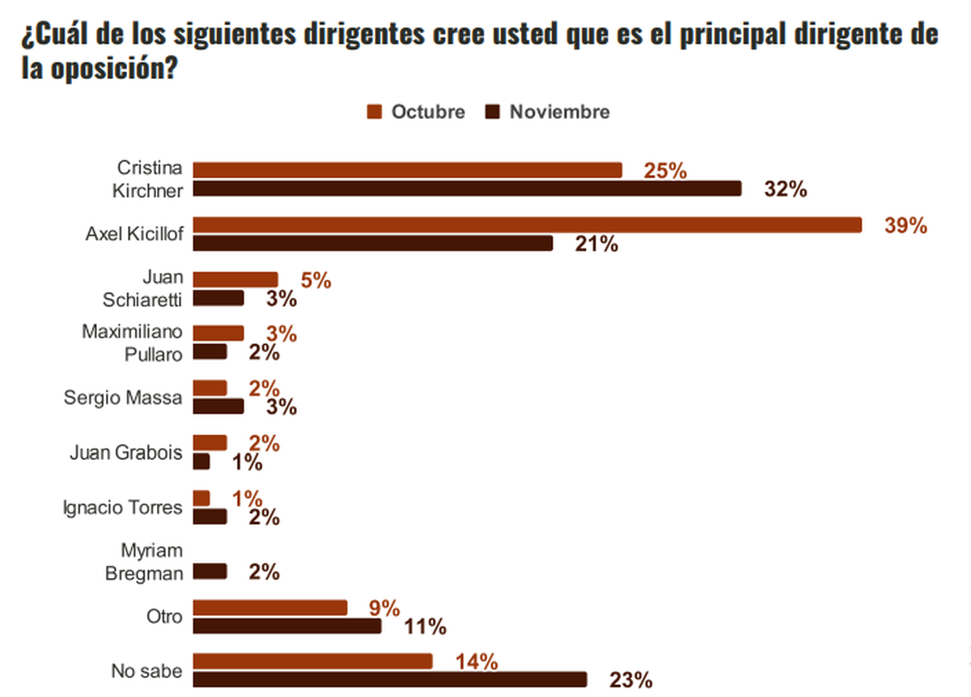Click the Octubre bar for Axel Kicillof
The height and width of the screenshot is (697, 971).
(528, 224)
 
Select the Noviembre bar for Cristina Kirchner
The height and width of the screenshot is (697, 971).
(467, 189)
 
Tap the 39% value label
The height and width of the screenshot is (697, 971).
(905, 226)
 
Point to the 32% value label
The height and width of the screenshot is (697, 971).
(786, 190)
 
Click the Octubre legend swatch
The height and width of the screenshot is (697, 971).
(374, 112)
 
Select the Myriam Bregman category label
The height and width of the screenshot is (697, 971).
(142, 562)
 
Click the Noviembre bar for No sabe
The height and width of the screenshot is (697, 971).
(390, 679)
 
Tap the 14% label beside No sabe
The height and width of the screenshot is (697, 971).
(476, 662)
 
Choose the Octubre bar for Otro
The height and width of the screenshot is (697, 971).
(270, 607)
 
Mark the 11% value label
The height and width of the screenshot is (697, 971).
(426, 626)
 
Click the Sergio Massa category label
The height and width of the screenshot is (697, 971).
(123, 397)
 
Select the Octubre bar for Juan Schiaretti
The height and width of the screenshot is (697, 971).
(235, 279)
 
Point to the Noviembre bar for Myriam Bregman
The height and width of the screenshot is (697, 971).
(210, 572)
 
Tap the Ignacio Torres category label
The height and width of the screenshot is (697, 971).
(123, 508)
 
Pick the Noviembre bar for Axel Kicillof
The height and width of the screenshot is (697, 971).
(373, 244)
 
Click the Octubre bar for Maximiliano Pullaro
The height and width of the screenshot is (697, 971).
(218, 334)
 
